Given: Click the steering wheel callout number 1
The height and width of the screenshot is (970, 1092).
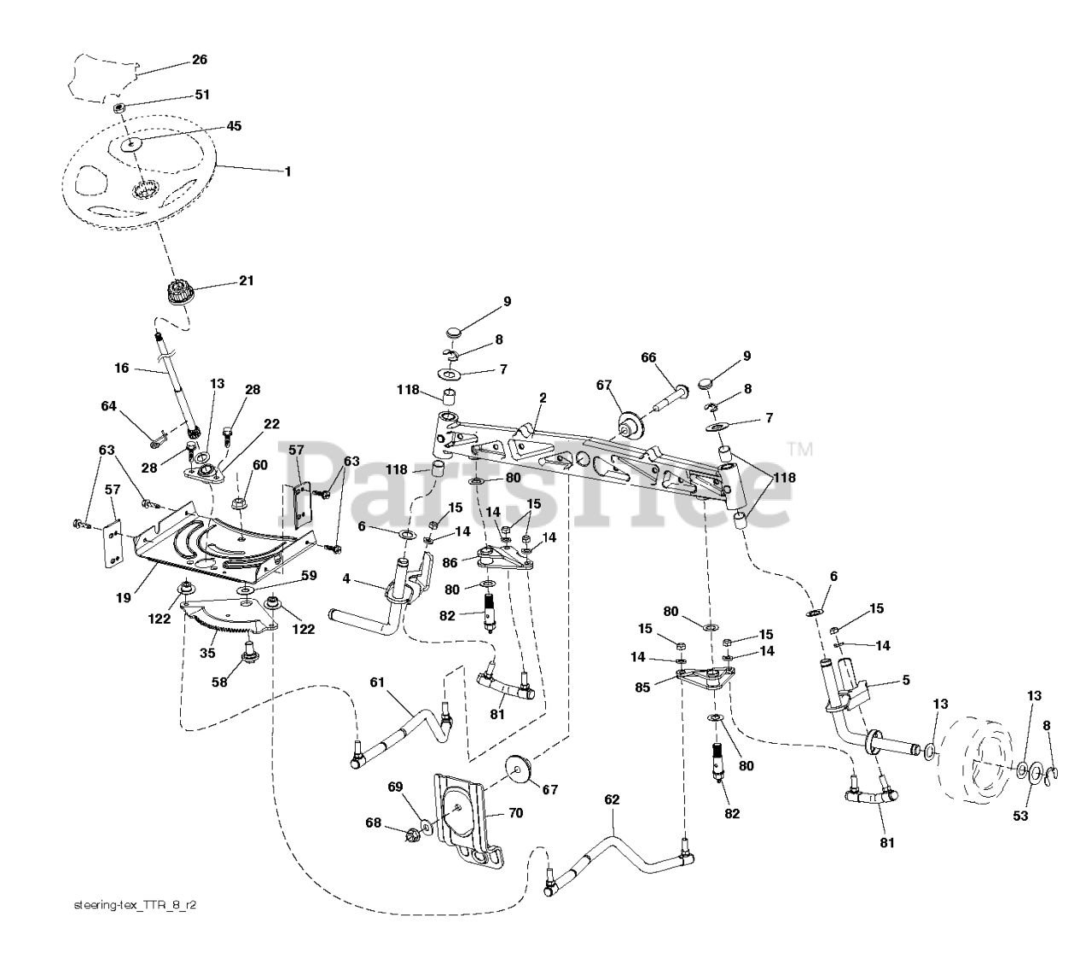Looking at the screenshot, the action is pos(288,171).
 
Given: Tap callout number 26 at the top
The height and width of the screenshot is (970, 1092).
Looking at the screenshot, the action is pos(199,60).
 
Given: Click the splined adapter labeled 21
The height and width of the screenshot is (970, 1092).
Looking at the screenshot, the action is pos(177,293).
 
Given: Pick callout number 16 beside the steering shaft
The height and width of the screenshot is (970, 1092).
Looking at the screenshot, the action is pos(121,368).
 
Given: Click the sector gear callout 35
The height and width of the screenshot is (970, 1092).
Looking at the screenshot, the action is pos(207,653).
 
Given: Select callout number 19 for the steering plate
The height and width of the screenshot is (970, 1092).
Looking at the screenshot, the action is pos(124,597).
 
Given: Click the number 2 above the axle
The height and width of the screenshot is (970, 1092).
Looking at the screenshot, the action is pos(543,398).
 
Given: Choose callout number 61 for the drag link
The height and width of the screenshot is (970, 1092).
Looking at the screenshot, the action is pos(377,682).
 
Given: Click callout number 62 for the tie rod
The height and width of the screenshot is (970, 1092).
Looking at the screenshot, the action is pos(612,799).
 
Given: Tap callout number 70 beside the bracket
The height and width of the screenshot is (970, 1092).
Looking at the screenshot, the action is pos(516,812).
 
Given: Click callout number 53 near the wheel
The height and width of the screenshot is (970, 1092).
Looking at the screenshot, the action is pos(1020,816).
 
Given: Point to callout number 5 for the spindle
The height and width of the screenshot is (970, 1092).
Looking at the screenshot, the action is pos(906,680).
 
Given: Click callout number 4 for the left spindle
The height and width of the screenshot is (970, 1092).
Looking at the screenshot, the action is pos(346,578).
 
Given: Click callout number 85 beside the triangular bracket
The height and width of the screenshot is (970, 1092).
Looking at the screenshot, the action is pos(642,687).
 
